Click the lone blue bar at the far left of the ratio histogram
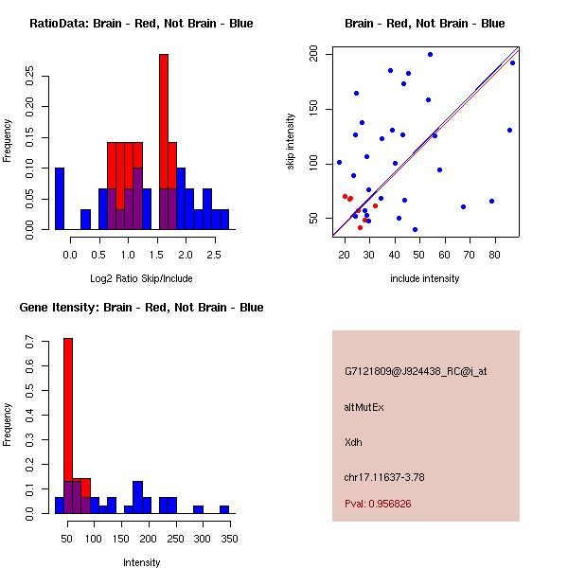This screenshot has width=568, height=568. [60, 198]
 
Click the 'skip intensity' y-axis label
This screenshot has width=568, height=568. [292, 142]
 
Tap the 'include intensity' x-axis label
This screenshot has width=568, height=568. [424, 278]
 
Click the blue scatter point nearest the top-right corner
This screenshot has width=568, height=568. [512, 62]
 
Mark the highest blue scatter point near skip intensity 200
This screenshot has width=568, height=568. [430, 55]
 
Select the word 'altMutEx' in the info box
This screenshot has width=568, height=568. [364, 406]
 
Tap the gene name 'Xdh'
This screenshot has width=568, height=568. [352, 441]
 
